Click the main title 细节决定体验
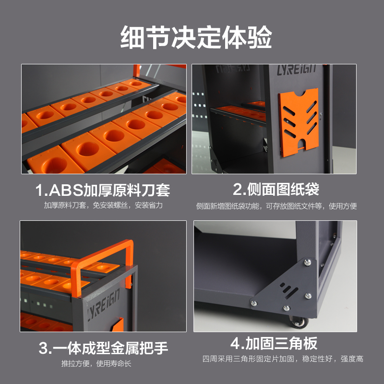click(196, 37)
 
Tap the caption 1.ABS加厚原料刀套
click(103, 190)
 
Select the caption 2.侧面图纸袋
click(276, 189)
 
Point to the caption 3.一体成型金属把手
click(103, 348)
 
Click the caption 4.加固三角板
click(274, 343)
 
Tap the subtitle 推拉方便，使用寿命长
click(96, 363)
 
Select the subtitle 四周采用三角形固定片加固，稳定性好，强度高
click(283, 359)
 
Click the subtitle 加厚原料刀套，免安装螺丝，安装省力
click(103, 205)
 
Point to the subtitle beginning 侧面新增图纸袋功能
click(276, 206)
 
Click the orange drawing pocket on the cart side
click(299, 122)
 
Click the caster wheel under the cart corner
click(298, 322)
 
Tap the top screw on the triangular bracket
click(307, 263)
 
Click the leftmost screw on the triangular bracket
click(254, 303)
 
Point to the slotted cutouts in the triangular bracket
click(289, 290)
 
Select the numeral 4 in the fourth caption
click(235, 344)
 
